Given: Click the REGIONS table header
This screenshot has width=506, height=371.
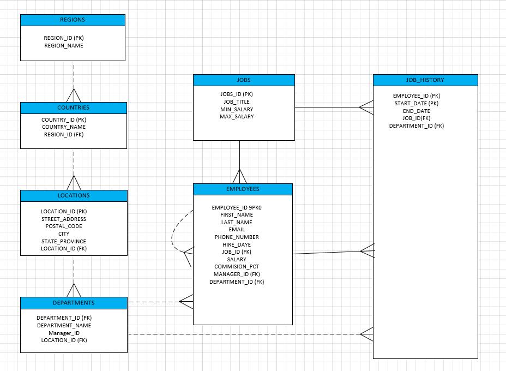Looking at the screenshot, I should [x=73, y=20].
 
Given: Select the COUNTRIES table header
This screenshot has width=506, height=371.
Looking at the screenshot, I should [x=74, y=108].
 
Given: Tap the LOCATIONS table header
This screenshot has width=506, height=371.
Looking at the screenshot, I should [x=74, y=196].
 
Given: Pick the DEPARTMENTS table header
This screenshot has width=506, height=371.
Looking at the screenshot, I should [x=74, y=303].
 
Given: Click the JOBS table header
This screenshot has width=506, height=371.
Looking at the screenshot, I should [x=244, y=80].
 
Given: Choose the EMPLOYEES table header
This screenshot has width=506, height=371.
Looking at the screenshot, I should [x=243, y=189].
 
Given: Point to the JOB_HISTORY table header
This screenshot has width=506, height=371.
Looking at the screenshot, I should [x=425, y=80].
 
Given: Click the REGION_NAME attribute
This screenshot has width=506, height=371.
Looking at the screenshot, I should [x=64, y=46].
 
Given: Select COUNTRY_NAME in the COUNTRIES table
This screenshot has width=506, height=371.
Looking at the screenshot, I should [x=64, y=127].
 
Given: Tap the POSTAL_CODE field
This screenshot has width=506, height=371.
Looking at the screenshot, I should [x=64, y=226].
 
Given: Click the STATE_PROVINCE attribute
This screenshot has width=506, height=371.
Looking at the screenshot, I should [x=64, y=241].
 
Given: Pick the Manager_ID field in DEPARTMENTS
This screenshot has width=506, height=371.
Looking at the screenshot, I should [x=64, y=333].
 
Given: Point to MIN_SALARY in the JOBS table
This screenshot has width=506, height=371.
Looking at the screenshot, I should [x=237, y=109].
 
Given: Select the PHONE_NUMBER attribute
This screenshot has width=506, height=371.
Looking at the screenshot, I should [x=237, y=237].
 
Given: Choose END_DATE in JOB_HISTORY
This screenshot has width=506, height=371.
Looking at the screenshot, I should [x=417, y=111].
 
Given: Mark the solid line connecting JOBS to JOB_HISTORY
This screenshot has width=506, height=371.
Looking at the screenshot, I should [x=327, y=107].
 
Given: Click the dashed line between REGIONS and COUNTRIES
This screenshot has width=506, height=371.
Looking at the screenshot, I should [x=74, y=74].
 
